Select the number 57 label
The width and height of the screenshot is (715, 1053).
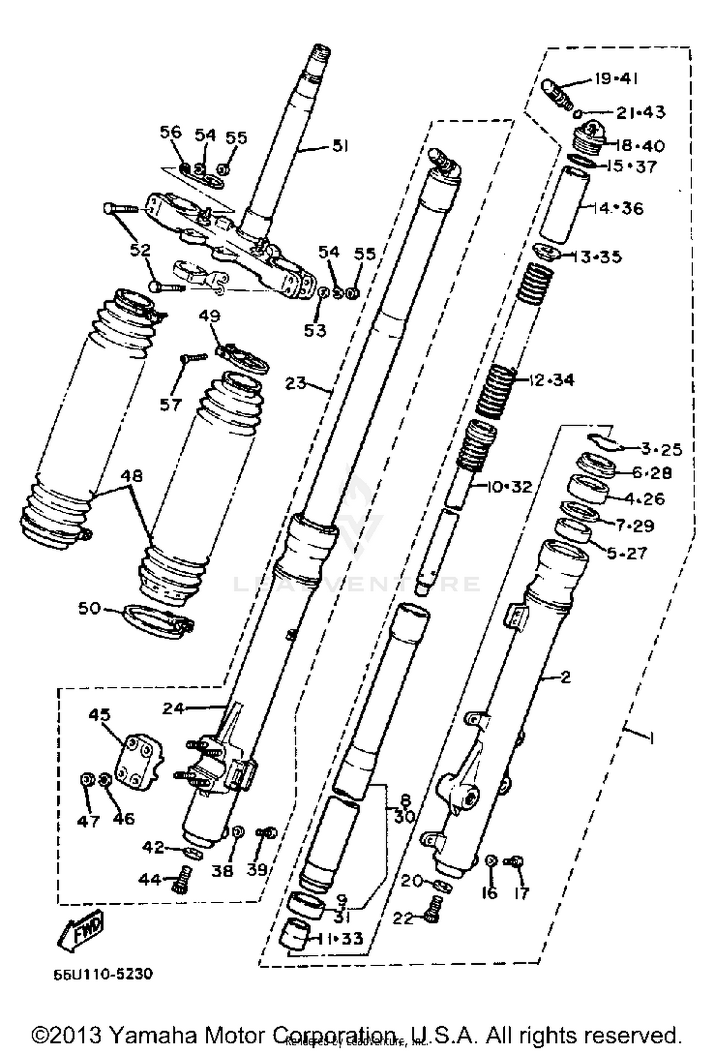171,405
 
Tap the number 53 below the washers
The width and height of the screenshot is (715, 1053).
315,330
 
